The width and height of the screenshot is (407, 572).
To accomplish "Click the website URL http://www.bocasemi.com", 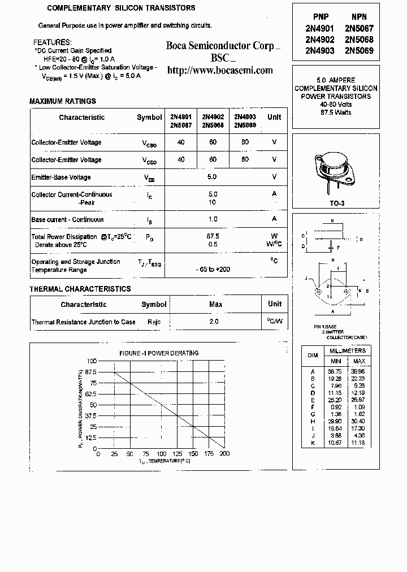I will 220,71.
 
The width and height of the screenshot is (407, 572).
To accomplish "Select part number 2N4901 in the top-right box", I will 321,28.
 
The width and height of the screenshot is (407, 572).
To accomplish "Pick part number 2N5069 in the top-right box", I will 359,50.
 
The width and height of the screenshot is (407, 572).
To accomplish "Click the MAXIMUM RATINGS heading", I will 63,101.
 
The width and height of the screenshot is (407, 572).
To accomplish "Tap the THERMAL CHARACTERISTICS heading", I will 80,289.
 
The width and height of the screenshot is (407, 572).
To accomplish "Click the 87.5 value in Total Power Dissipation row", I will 213,236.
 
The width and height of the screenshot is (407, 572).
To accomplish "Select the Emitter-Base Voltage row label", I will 61,177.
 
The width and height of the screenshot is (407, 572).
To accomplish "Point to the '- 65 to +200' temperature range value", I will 213,270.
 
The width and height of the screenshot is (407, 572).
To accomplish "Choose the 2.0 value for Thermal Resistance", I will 214,322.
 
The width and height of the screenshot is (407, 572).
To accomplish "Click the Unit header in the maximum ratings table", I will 274,117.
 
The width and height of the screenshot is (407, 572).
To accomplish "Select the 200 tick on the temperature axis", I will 224,453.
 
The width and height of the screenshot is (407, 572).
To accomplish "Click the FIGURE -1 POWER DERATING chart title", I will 159,353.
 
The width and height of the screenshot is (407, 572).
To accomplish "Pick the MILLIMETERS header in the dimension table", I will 348,351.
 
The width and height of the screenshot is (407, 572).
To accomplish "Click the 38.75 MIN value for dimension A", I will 335,371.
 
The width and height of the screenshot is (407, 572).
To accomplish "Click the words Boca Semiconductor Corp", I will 220,46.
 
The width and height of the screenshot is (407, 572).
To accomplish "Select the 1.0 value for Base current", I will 213,219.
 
